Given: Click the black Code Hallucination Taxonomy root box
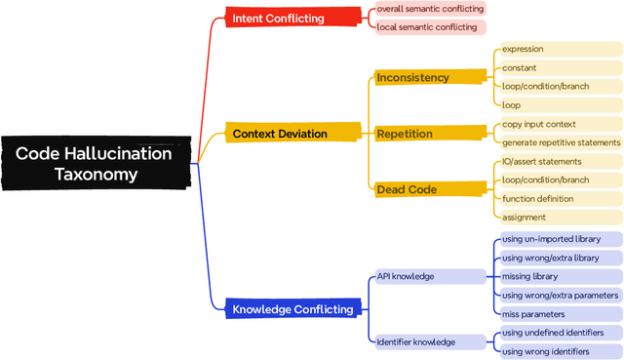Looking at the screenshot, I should point(94,163).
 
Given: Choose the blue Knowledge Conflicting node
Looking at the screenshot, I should point(292,309).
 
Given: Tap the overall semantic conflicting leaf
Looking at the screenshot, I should point(430,9).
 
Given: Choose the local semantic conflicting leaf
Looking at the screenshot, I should point(427,26).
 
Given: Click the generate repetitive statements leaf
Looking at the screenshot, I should point(560,142).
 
